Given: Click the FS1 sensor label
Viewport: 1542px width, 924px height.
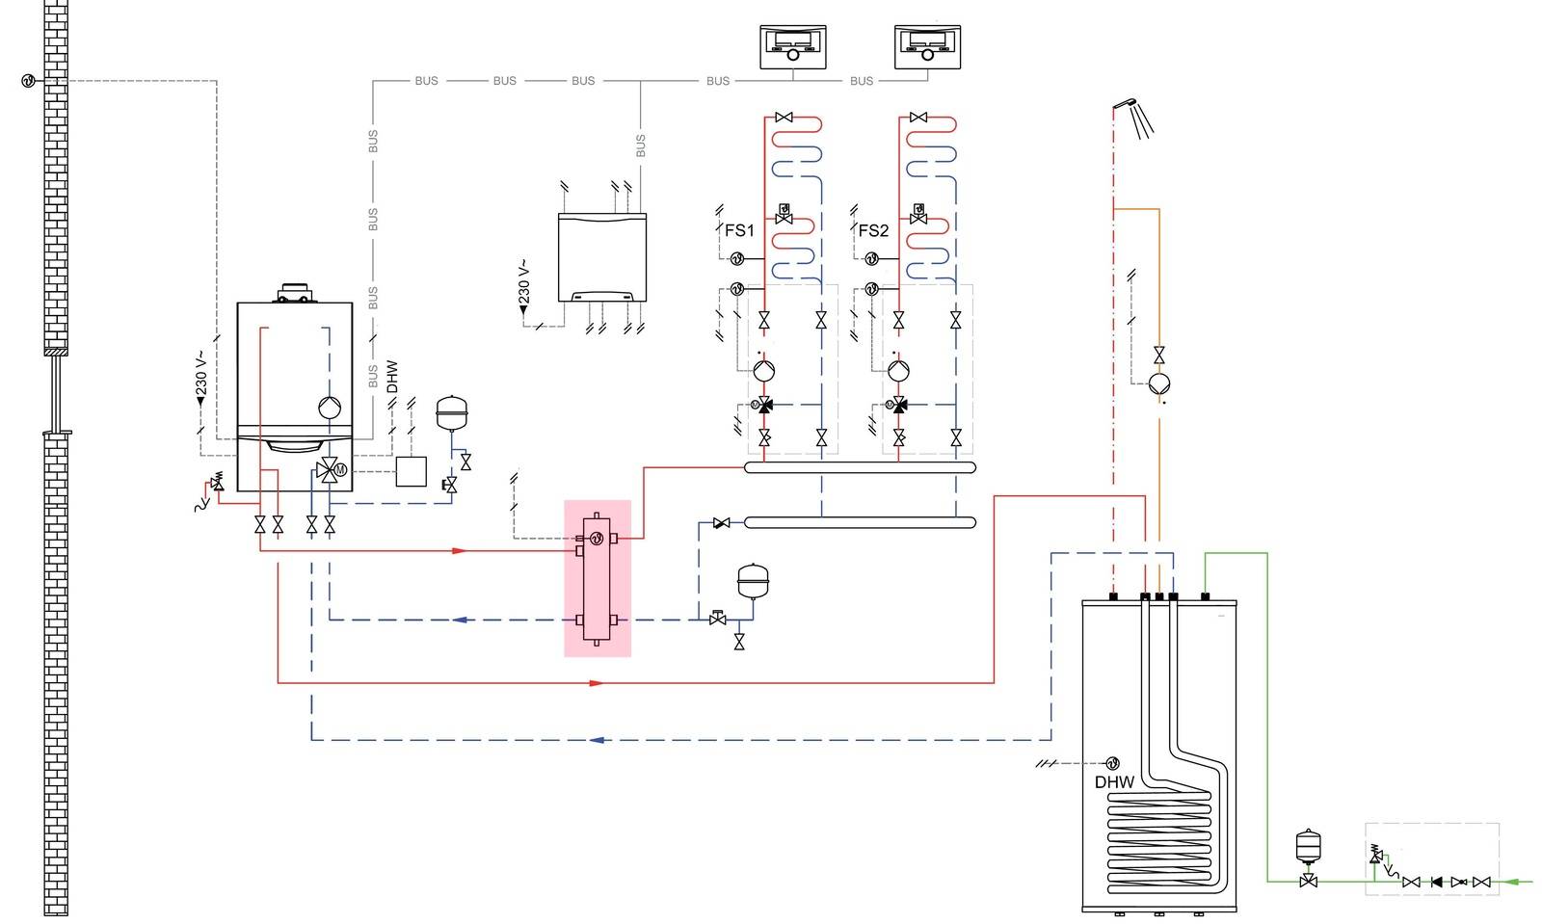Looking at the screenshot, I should tap(739, 230).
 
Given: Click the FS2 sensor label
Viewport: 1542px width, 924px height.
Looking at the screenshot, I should tap(873, 230).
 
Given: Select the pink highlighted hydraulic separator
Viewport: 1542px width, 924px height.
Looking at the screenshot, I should tap(598, 578).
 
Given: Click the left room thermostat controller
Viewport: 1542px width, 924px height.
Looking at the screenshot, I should tap(792, 46).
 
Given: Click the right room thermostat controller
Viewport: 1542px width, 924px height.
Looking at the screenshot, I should tap(926, 46).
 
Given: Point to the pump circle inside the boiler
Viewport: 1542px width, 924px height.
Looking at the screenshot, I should tap(330, 408).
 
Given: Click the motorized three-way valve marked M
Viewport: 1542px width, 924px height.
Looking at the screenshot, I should tap(331, 471).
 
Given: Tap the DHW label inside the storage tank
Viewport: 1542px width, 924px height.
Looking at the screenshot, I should tap(1114, 782).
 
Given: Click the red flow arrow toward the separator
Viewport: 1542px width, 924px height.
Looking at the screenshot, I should tap(460, 551).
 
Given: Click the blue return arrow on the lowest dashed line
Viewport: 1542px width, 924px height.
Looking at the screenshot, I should tap(597, 740).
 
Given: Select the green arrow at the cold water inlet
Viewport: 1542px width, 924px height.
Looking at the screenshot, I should tap(1520, 881).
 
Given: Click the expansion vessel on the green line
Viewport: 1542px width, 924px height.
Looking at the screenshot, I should tap(1308, 844).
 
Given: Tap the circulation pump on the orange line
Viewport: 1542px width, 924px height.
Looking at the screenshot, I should tap(1158, 383).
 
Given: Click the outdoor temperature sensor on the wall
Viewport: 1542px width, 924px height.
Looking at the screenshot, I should tap(28, 81).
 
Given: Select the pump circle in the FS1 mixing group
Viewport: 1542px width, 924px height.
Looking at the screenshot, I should tap(764, 370).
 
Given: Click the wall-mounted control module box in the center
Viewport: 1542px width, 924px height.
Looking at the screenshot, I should tap(602, 257).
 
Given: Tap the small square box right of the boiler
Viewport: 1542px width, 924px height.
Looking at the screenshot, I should tap(412, 471).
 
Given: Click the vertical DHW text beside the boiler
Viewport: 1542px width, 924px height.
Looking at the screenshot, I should tap(392, 377).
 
